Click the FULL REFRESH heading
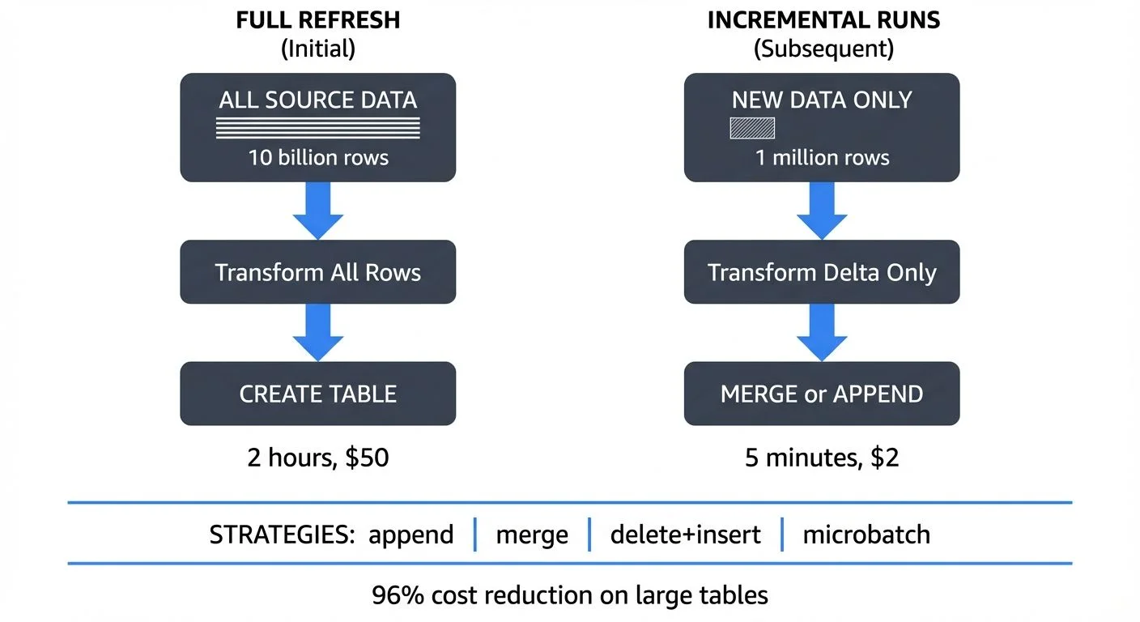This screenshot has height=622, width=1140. click(x=317, y=20)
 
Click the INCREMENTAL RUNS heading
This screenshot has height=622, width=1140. click(x=823, y=20)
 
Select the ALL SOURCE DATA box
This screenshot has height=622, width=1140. click(x=317, y=127)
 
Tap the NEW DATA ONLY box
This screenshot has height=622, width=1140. click(x=822, y=127)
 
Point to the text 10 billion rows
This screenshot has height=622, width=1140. click(x=317, y=157)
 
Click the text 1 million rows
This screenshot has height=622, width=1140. click(x=822, y=157)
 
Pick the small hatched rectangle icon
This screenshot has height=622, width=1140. click(x=752, y=128)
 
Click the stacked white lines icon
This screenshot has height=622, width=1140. click(x=317, y=128)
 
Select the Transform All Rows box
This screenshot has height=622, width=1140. click(x=317, y=272)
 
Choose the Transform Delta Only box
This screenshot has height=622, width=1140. click(x=822, y=272)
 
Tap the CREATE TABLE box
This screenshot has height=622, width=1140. click(x=317, y=394)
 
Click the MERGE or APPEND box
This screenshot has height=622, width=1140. click(x=822, y=394)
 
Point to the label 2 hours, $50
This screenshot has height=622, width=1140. click(x=317, y=458)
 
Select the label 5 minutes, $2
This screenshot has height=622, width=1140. click(x=822, y=458)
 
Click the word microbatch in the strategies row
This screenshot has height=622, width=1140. click(x=866, y=535)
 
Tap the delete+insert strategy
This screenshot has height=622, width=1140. click(x=685, y=535)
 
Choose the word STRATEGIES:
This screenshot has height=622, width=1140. click(x=283, y=535)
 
